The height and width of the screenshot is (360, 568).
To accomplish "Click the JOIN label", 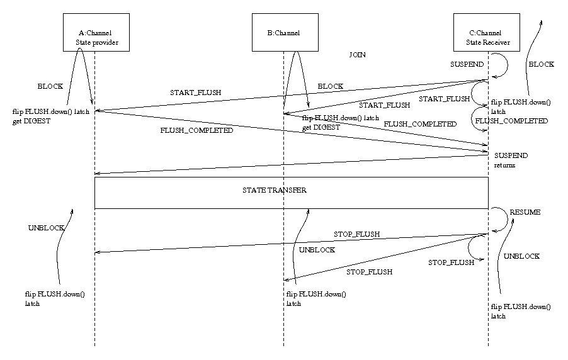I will [x=357, y=55].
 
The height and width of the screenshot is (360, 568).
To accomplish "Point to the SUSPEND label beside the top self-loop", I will [x=467, y=65].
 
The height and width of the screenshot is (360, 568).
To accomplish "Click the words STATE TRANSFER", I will [x=275, y=189].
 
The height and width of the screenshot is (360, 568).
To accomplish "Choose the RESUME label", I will [x=525, y=213].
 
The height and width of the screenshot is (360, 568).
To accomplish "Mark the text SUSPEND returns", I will [x=511, y=160].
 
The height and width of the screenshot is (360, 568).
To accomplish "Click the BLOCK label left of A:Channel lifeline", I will [x=50, y=86].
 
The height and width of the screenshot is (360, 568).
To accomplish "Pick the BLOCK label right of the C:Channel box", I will [x=541, y=64].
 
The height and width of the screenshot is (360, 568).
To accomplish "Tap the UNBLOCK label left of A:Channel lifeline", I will [x=47, y=228].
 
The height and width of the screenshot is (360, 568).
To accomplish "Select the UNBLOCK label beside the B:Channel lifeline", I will [x=317, y=250].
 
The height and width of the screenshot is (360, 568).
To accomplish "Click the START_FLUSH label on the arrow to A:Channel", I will [x=195, y=93].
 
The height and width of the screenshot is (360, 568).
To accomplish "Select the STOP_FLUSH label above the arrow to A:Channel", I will [x=356, y=234].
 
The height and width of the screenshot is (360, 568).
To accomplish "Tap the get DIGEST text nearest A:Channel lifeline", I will [x=31, y=120].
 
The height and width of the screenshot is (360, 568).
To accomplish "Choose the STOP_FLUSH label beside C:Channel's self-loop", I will [x=451, y=262].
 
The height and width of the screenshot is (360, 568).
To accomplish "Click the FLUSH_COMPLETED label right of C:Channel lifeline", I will [x=511, y=120].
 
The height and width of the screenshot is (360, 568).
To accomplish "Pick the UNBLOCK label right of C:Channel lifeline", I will [x=521, y=256].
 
